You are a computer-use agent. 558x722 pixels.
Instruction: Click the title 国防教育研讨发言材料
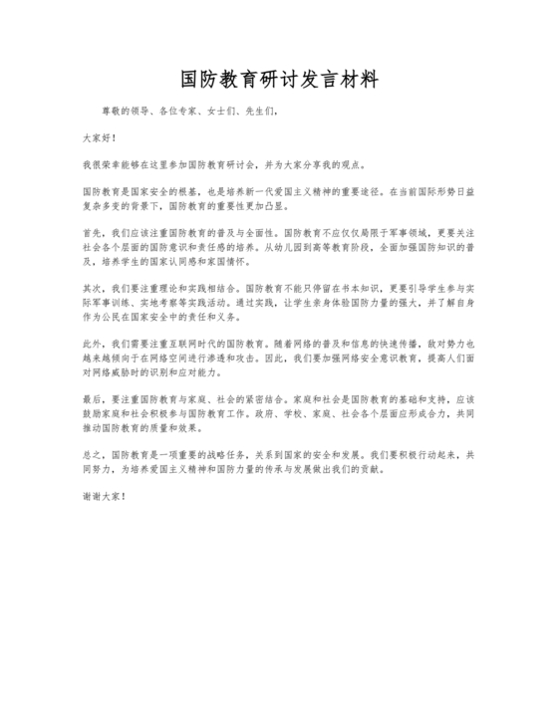[x=279, y=78]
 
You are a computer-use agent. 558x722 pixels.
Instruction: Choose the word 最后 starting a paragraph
[x=91, y=396]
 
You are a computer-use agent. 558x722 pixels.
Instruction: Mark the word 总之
[x=91, y=451]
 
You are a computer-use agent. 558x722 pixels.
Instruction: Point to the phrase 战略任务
[x=216, y=451]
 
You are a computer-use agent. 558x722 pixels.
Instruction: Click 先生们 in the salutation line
[x=257, y=112]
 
